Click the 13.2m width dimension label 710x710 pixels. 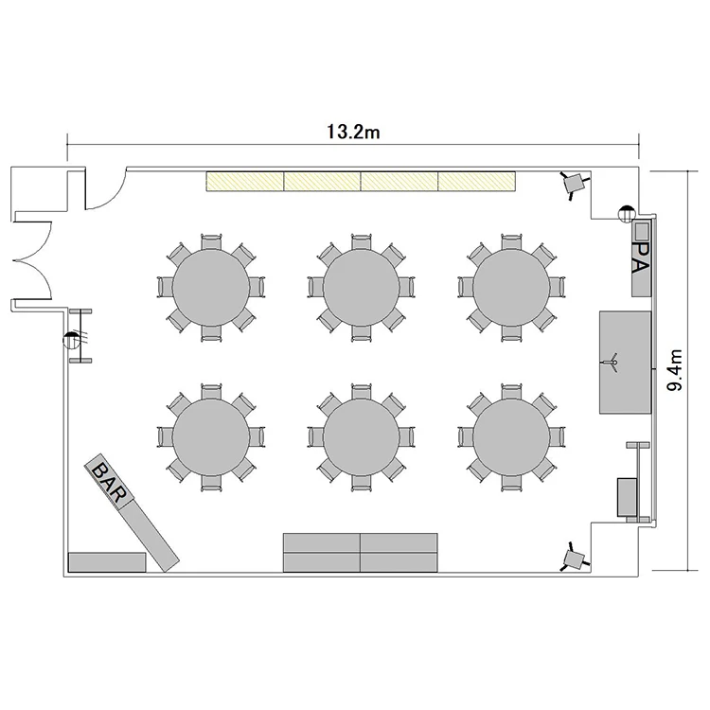(x=353, y=132)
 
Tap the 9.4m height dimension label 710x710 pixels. (x=675, y=370)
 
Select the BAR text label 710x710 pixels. (x=108, y=483)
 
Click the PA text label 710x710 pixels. (x=641, y=257)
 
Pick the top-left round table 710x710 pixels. (x=211, y=288)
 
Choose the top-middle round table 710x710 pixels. (x=362, y=288)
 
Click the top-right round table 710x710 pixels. (x=511, y=288)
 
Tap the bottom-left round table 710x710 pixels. (x=211, y=437)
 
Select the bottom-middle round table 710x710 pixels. (x=362, y=437)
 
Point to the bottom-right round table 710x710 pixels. (x=511, y=437)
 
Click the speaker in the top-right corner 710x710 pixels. (x=575, y=185)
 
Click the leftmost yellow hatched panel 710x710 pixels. (x=245, y=181)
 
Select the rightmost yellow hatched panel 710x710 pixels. (x=476, y=181)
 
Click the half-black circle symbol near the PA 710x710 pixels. (x=627, y=213)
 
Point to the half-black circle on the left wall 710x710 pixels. (x=71, y=340)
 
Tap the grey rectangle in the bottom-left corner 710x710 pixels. (x=107, y=562)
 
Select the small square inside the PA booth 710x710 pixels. (x=641, y=231)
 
